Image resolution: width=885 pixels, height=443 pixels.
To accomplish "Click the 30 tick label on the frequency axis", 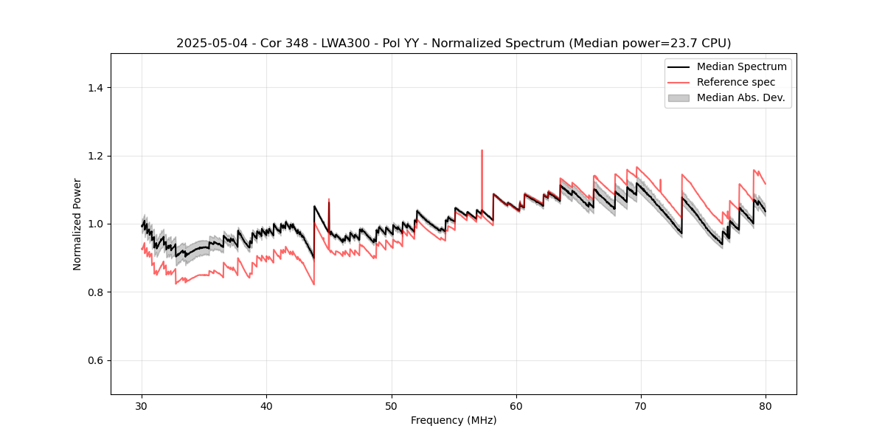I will [x=142, y=405].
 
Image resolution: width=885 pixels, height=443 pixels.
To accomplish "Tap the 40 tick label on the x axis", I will [x=267, y=405].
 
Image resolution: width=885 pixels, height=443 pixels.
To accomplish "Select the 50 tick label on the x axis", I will [x=392, y=405].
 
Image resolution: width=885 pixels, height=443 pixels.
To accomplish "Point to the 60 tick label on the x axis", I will [x=516, y=405].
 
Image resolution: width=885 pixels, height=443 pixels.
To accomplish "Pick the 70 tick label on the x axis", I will [x=641, y=405].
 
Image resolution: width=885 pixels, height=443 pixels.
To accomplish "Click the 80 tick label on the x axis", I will [x=766, y=405].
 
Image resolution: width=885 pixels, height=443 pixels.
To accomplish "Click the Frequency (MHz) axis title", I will [x=454, y=420].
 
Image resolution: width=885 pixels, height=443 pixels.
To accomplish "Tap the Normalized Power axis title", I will [x=77, y=224].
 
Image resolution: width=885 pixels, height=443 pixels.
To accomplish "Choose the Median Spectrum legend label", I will [x=741, y=66].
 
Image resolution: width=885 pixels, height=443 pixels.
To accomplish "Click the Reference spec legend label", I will [x=736, y=82].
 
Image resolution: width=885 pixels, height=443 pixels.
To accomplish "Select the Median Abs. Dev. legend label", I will [x=740, y=97].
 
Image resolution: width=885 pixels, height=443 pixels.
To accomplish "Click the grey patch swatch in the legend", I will [x=678, y=97].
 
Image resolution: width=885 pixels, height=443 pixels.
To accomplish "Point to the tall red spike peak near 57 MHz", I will [x=482, y=151].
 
